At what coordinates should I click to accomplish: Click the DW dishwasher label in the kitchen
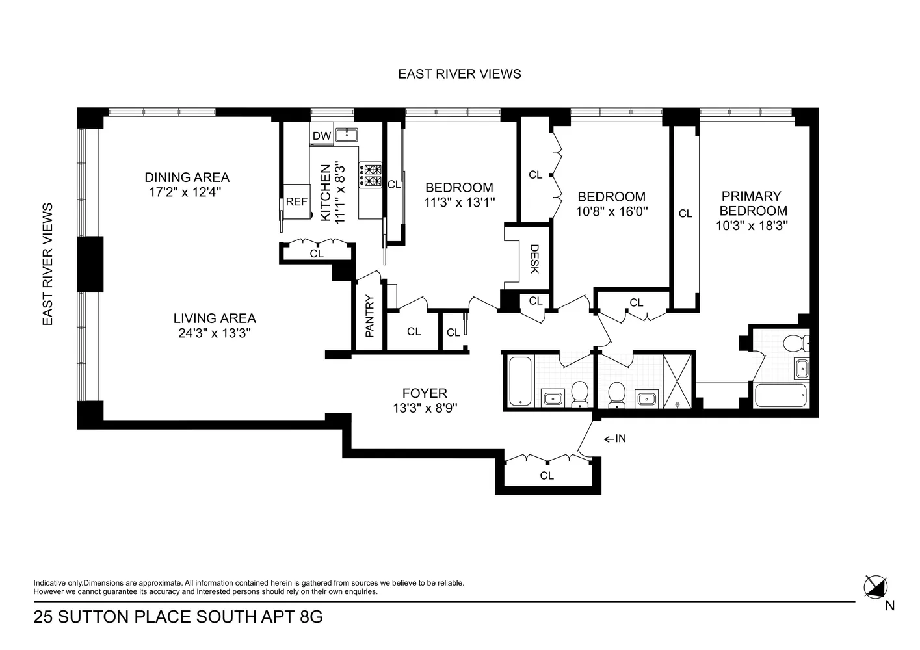click(x=322, y=136)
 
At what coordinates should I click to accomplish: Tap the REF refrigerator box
click(x=296, y=201)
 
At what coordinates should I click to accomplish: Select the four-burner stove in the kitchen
click(x=370, y=175)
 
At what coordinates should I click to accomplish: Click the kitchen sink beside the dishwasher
click(x=347, y=135)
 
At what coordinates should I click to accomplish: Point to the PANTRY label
click(x=370, y=316)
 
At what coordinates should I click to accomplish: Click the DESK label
click(x=534, y=259)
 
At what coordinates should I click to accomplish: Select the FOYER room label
click(x=425, y=393)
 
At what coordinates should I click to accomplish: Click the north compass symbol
click(x=875, y=587)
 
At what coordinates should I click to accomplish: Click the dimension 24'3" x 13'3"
click(x=215, y=333)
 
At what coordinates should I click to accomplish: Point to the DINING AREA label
click(x=187, y=177)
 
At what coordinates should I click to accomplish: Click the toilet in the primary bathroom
click(x=796, y=343)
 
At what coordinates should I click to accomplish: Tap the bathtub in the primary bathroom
click(x=780, y=395)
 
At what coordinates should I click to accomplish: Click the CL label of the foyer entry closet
click(x=547, y=476)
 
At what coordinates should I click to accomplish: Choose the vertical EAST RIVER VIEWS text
click(x=47, y=265)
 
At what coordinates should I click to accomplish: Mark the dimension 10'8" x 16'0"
click(x=612, y=211)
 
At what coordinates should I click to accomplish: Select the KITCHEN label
click(x=325, y=193)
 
